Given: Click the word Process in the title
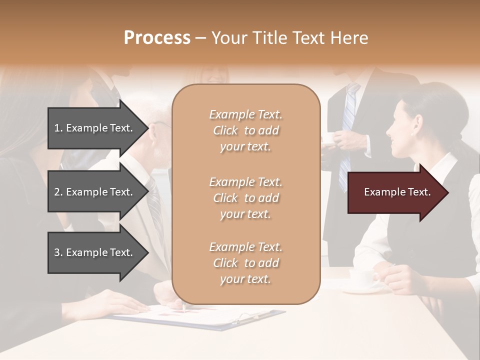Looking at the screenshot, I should (x=157, y=38).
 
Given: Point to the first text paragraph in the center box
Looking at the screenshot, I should (x=245, y=130).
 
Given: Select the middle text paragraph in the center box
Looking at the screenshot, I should (x=245, y=198).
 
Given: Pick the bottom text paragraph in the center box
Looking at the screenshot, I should (x=245, y=263).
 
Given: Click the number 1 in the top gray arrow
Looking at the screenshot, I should (x=56, y=128).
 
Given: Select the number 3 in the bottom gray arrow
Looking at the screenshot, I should (x=57, y=252).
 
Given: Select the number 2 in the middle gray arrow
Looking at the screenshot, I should (x=57, y=192).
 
